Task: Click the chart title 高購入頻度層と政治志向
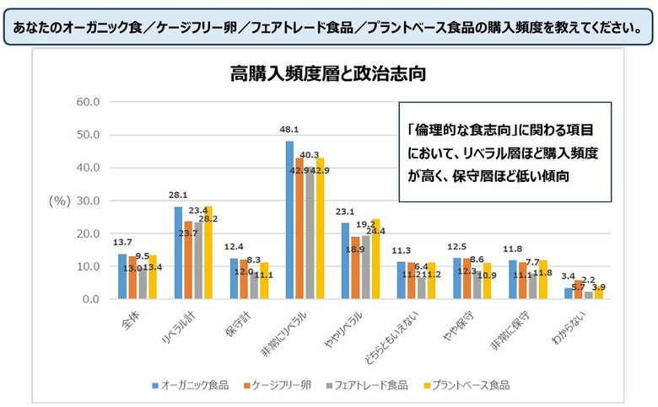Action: click(327, 74)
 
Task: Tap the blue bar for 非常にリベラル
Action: click(289, 220)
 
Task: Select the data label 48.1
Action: click(289, 131)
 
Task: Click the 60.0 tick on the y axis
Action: click(89, 102)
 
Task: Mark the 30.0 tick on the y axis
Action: click(89, 201)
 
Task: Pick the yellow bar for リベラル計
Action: click(207, 253)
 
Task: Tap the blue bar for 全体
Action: click(122, 276)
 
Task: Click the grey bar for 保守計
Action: click(253, 286)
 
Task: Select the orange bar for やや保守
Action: click(468, 279)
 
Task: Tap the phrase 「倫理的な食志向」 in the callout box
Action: click(450, 131)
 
